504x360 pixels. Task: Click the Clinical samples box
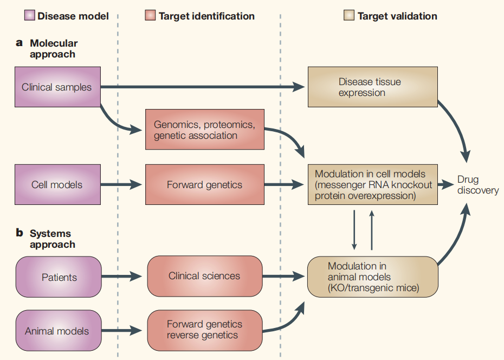click(57, 87)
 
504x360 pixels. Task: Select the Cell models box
click(57, 185)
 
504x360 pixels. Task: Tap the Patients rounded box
click(59, 277)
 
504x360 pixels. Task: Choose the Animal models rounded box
click(59, 330)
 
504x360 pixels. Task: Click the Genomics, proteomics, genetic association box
click(204, 130)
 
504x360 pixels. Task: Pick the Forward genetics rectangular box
click(204, 185)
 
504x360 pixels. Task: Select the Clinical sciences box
click(204, 276)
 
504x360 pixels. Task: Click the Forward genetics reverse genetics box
click(204, 330)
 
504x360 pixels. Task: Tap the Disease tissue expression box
click(372, 87)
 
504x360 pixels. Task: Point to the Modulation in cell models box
click(372, 185)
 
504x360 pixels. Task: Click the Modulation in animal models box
click(372, 277)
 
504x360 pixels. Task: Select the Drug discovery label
click(477, 185)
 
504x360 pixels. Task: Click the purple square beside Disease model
click(30, 15)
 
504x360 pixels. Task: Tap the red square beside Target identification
click(150, 15)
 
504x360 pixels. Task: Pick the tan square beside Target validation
click(349, 15)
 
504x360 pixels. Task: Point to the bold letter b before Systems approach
click(20, 233)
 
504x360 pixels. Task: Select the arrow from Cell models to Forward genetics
click(122, 185)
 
